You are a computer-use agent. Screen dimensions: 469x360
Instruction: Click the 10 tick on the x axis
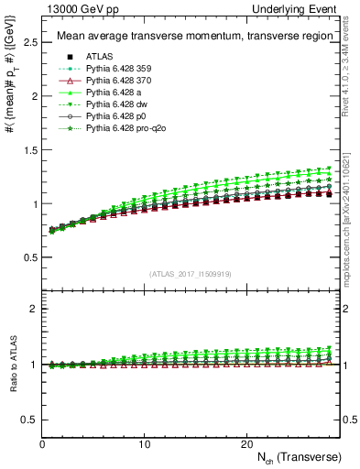(144, 443)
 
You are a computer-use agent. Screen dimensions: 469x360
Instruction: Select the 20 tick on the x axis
(246, 443)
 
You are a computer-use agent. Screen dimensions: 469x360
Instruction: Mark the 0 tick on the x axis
(42, 443)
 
